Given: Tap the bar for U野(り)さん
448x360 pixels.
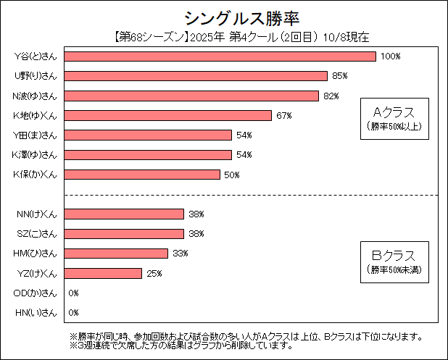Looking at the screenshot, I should (x=196, y=76).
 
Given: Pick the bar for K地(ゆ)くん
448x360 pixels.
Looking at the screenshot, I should (x=168, y=115).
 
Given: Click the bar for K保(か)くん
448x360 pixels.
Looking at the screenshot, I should (x=143, y=175).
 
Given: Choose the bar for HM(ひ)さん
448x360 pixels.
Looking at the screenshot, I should (x=117, y=254).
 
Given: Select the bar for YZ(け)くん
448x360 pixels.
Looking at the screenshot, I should (x=104, y=273).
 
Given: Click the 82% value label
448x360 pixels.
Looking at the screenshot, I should (x=331, y=96).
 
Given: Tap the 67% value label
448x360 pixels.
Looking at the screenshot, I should (x=283, y=115).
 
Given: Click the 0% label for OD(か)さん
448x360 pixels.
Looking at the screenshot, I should (x=73, y=293).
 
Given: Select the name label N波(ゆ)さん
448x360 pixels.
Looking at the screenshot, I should (x=36, y=96).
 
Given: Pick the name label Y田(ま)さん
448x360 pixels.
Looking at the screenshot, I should (x=36, y=135).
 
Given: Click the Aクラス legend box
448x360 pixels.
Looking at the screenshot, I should (x=394, y=117).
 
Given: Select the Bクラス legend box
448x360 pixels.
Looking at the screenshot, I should (x=394, y=261).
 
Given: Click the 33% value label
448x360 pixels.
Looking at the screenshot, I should (x=180, y=254).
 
